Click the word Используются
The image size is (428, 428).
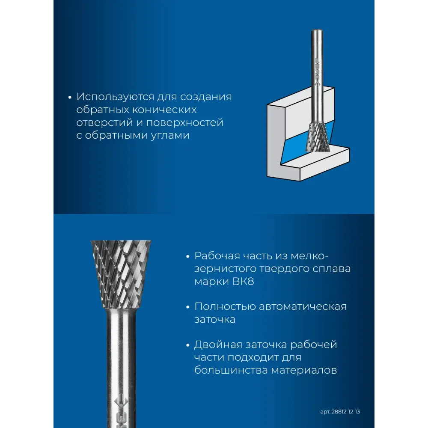tap(115, 97)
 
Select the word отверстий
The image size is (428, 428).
tap(104, 122)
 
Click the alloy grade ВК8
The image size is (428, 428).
tap(243, 282)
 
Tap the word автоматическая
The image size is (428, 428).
tap(303, 307)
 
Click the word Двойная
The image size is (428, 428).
tap(218, 345)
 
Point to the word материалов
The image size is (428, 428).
tap(304, 371)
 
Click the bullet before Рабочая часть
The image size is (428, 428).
tap(187, 256)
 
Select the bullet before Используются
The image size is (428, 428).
tap(70, 97)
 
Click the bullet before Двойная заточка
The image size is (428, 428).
tap(187, 345)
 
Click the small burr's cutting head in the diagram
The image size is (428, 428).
tap(318, 137)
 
